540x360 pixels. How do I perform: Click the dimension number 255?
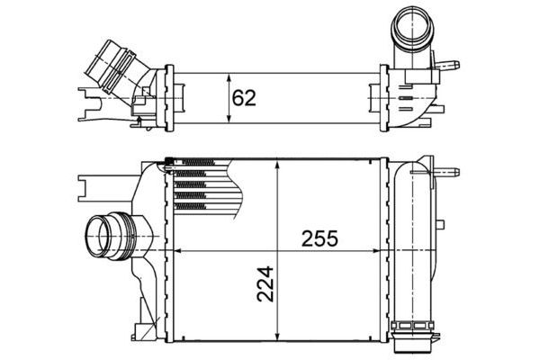pos(318,240)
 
